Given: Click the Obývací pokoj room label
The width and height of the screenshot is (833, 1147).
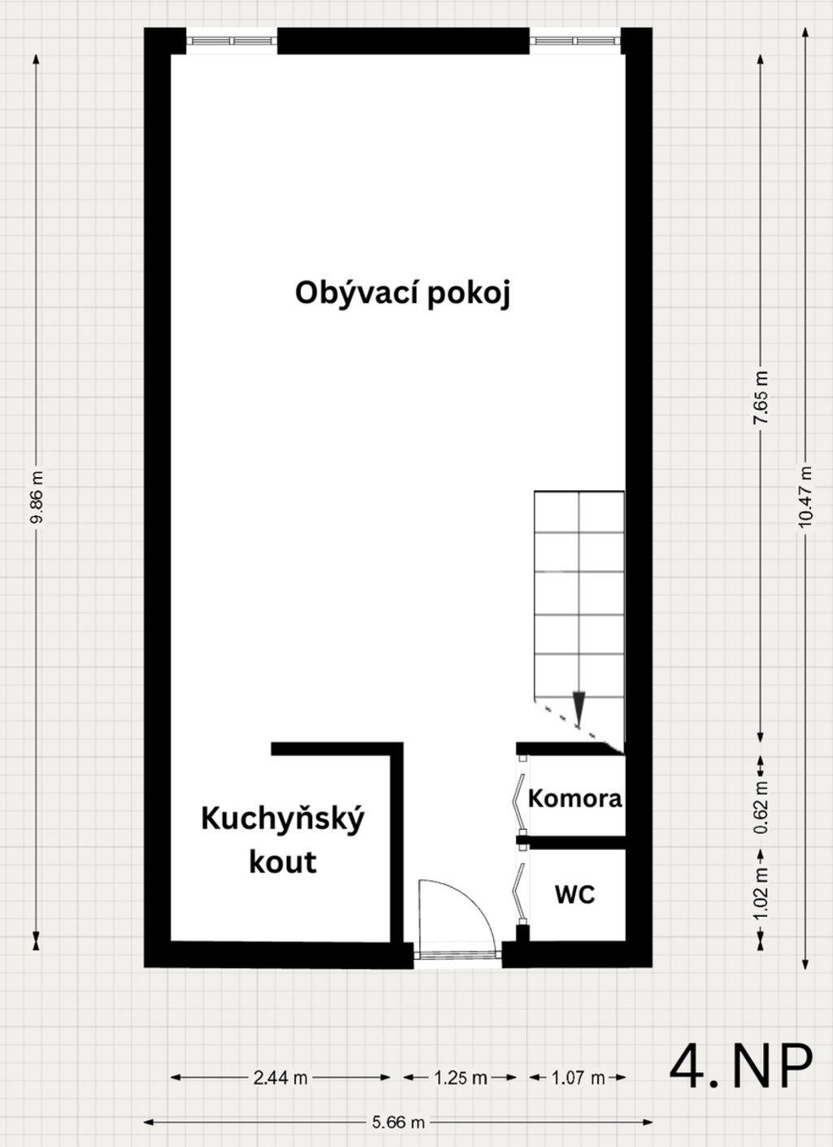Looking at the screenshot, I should coord(402,293).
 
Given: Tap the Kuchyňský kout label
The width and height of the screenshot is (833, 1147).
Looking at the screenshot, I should coord(282,839).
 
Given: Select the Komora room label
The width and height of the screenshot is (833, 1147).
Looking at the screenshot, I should coord(574,799).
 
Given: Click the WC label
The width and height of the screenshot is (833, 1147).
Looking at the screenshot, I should coord(574,895).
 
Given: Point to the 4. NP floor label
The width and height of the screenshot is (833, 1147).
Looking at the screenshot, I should coord(740,1066).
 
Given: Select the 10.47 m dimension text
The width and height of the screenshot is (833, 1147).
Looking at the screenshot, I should coord(805,497).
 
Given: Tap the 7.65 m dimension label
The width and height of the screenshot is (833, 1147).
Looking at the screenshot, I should coord(761,397).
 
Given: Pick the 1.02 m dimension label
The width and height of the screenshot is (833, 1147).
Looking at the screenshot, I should coord(761,893).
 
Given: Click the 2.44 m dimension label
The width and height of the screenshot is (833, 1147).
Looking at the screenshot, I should coord(280,1078).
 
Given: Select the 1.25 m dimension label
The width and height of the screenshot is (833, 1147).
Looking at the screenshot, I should coord(460,1078).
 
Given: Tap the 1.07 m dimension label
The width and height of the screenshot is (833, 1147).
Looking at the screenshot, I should coord(578,1078).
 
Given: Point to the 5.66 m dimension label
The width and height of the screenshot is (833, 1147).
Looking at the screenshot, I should coord(399,1123).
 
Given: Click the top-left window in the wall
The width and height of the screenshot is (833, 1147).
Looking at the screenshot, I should coord(232,40).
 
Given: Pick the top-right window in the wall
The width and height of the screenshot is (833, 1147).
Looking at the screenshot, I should coord(575,40).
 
